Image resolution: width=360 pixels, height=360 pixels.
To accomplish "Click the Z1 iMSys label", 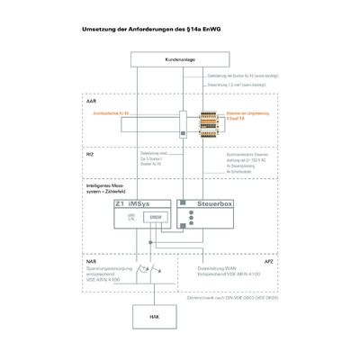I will (135, 205).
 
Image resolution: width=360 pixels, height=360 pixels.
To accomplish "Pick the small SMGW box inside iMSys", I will (156, 219).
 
